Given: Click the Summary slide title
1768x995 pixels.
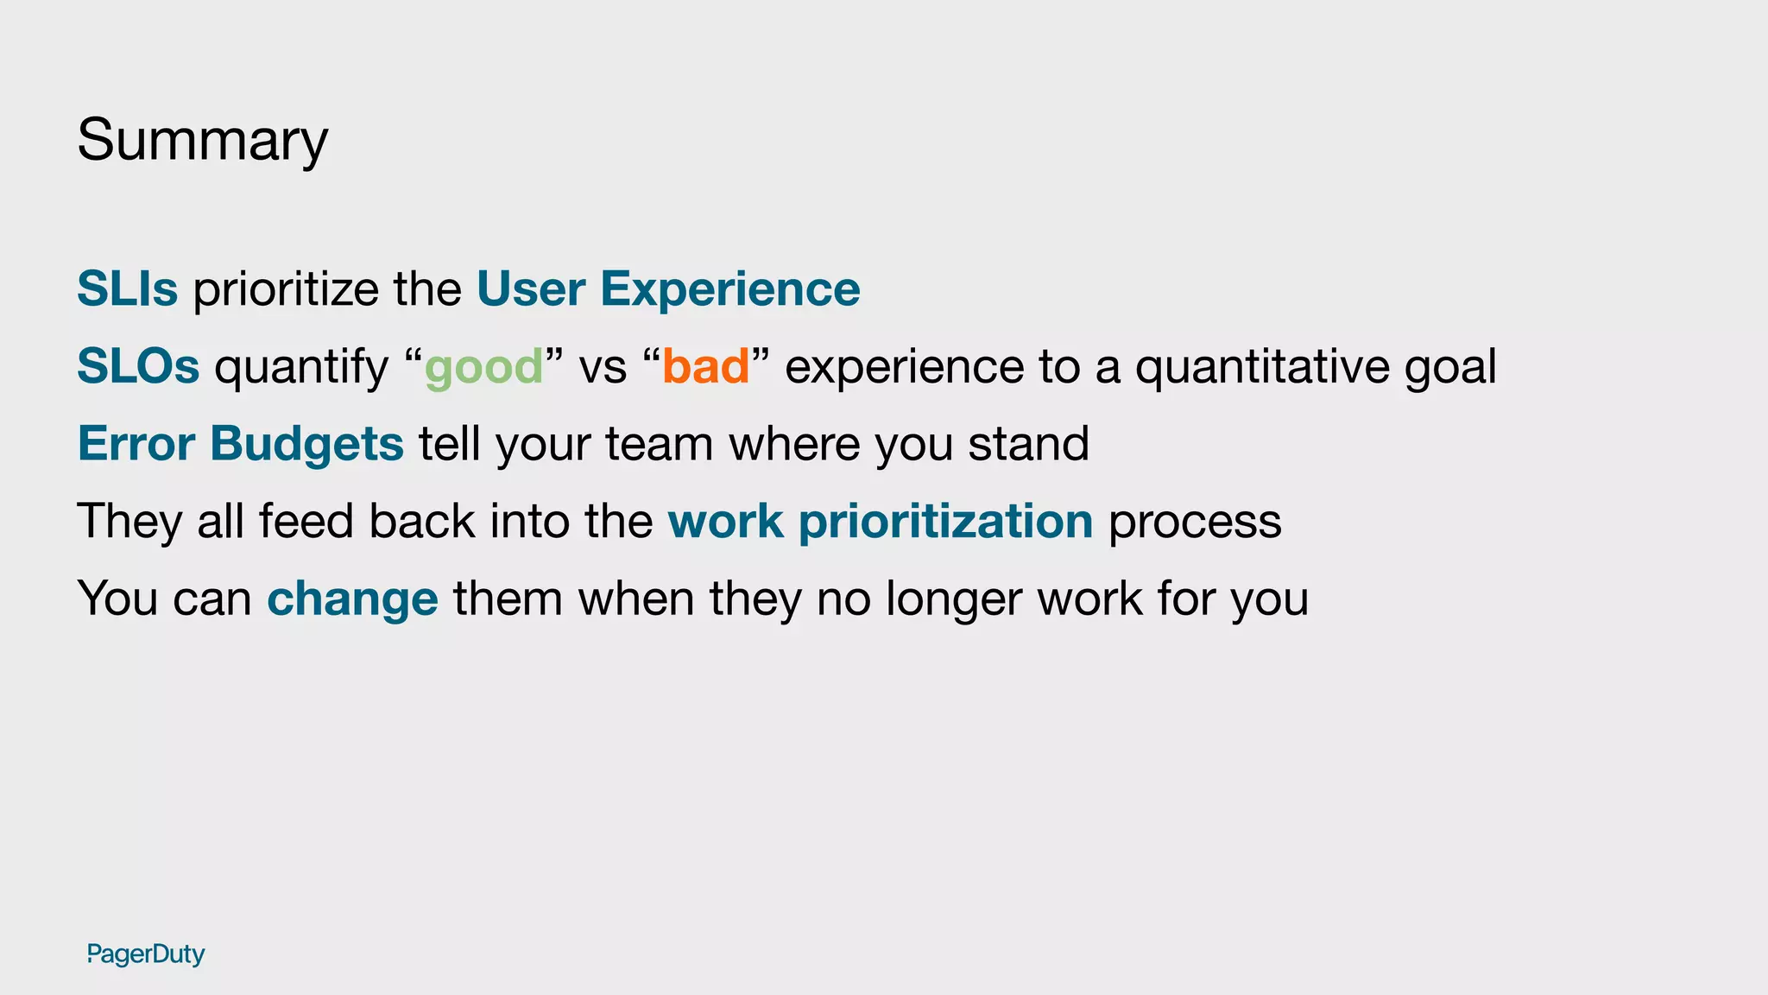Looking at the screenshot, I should pos(202,140).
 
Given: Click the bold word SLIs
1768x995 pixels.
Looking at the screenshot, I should pos(128,288).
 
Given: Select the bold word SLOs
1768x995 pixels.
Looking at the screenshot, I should pos(138,366).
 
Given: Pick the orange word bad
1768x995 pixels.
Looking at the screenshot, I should pos(705,366).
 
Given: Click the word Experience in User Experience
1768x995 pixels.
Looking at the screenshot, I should pos(729,289).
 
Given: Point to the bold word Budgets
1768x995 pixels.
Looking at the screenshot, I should pos(306,445).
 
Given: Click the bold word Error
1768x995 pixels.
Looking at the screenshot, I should pos(136,444).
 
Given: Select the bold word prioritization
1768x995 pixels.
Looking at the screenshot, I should pos(945,522).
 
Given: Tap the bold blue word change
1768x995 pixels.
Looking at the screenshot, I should pos(352,599).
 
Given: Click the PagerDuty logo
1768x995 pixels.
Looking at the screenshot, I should pos(146,954).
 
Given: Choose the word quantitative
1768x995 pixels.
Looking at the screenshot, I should pos(1261,367).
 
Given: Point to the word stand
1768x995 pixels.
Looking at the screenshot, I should pos(1028,444).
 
